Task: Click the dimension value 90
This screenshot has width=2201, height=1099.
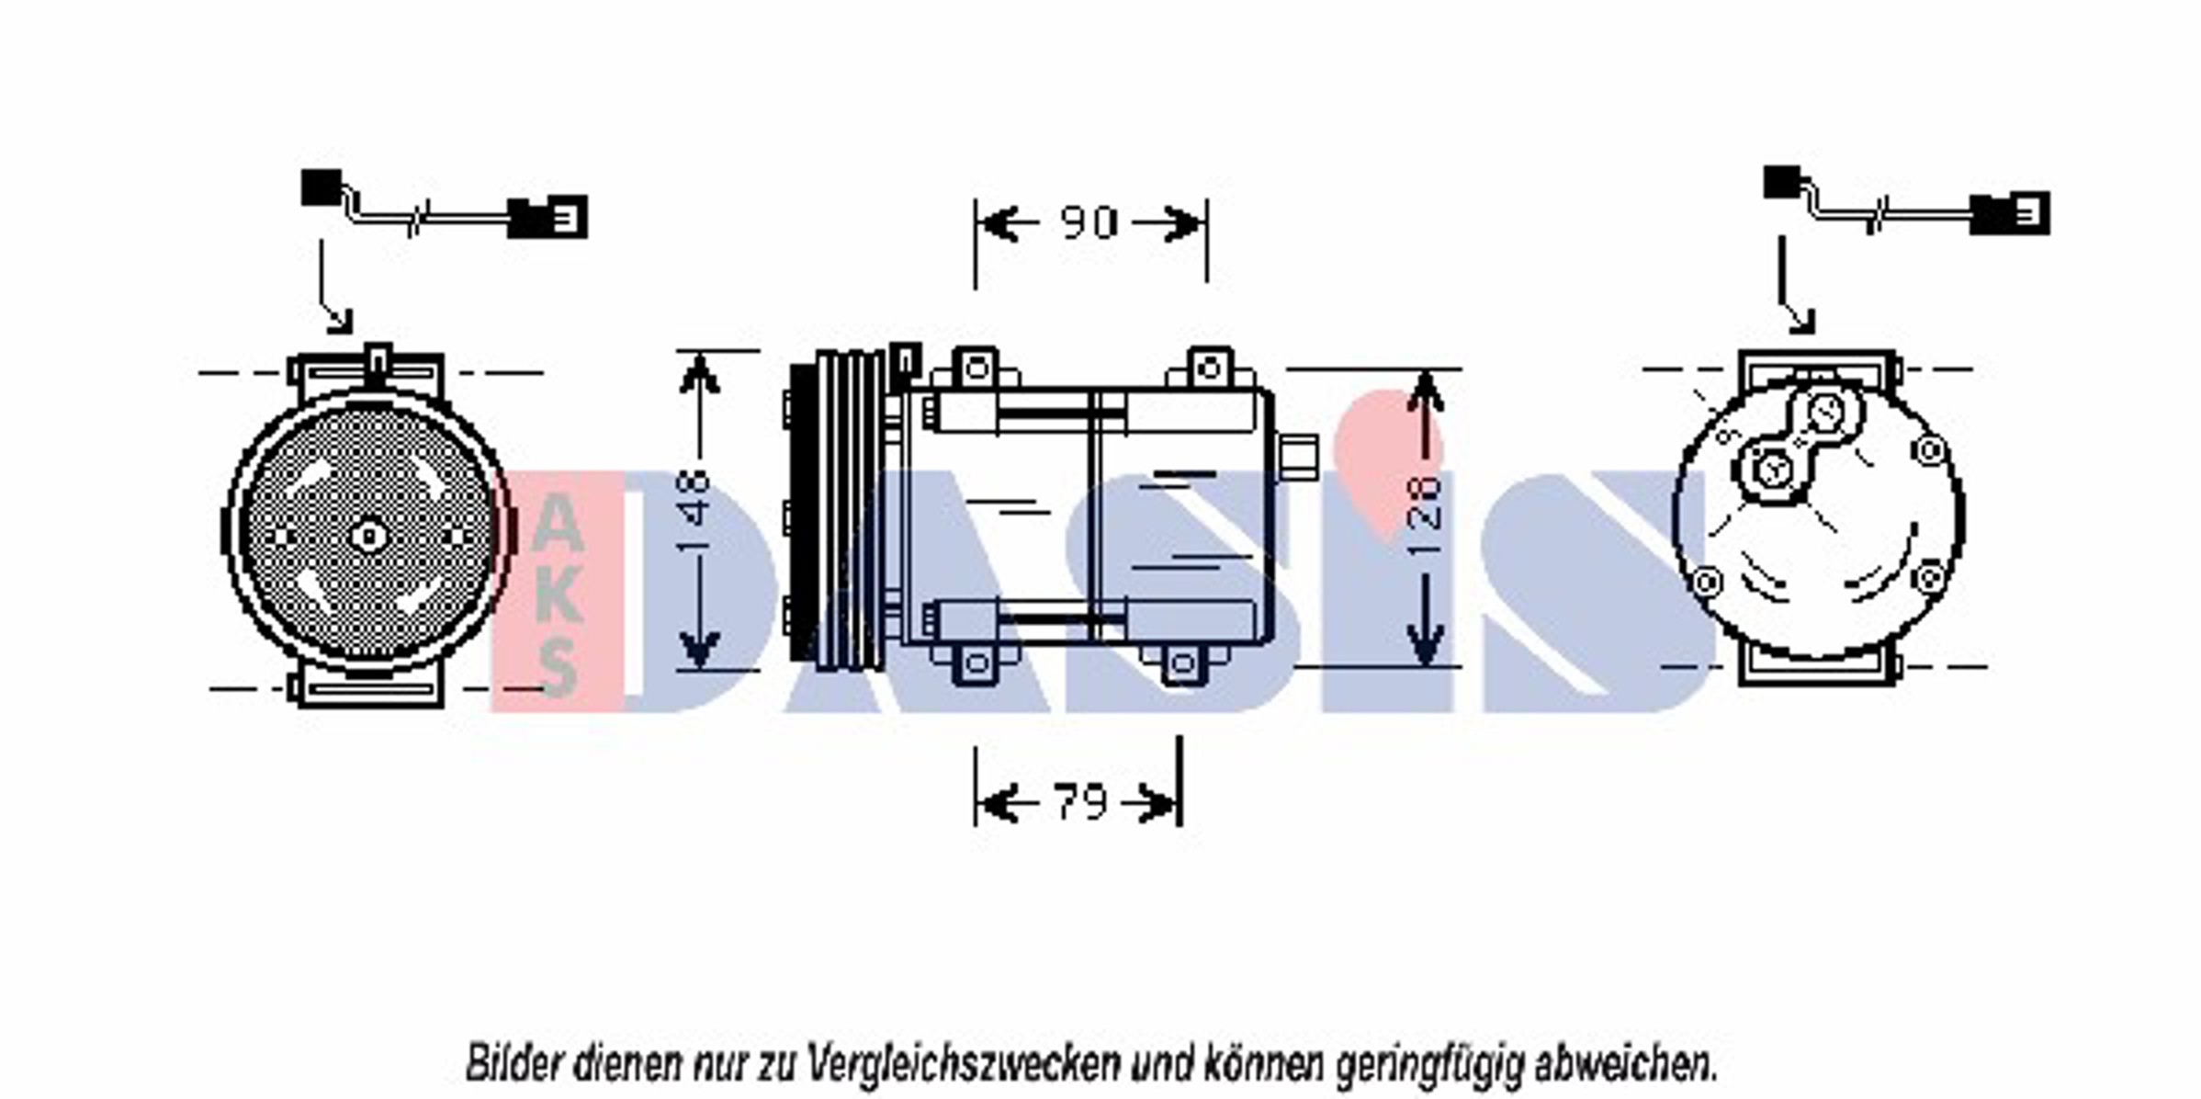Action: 1089,222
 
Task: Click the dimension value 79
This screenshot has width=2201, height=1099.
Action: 1079,802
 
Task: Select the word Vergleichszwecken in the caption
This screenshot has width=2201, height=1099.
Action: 964,1064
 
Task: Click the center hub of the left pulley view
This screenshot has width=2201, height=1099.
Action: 368,535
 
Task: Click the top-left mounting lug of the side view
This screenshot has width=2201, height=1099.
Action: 976,369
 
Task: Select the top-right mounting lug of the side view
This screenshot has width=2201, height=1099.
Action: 1210,369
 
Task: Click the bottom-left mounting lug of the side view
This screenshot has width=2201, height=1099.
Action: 976,663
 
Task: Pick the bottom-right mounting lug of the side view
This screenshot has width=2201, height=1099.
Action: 1182,663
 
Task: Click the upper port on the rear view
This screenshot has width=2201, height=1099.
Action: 1825,414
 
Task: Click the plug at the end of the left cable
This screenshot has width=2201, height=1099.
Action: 548,218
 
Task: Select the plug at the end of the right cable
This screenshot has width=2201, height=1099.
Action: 2010,214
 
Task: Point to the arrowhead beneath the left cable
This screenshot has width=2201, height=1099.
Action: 340,322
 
